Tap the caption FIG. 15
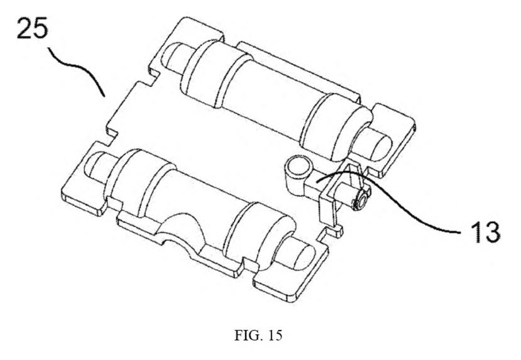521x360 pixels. click(258, 335)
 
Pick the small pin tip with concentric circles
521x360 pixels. click(361, 201)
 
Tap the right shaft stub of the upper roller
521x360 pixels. click(374, 143)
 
